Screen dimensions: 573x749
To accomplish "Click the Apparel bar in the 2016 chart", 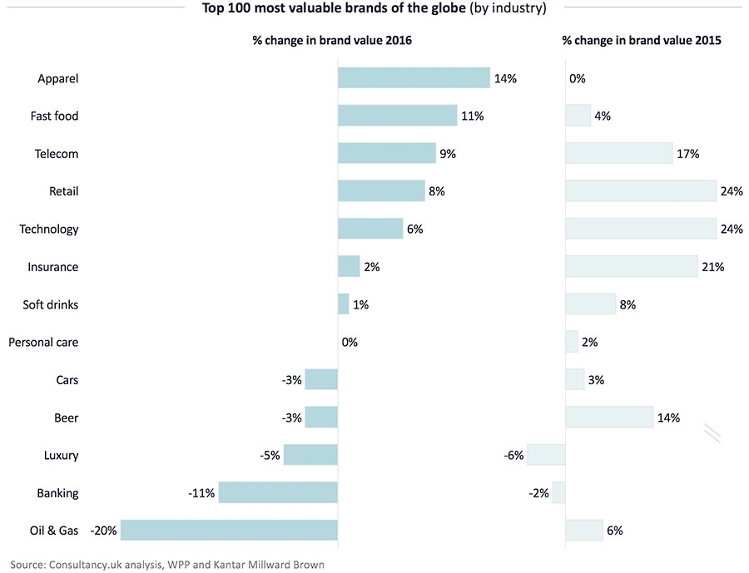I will pyautogui.click(x=414, y=78).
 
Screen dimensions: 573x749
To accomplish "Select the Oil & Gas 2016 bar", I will pyautogui.click(x=229, y=530).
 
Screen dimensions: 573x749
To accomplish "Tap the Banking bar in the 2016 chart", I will pyautogui.click(x=279, y=492).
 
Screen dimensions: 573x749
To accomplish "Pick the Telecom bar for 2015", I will pyautogui.click(x=618, y=153).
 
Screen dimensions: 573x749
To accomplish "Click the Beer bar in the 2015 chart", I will pyautogui.click(x=609, y=417).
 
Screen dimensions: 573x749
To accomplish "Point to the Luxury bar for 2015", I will pyautogui.click(x=546, y=455).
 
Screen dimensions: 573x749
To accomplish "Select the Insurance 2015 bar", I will pyautogui.click(x=631, y=266).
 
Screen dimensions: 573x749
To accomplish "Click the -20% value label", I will pyautogui.click(x=104, y=531).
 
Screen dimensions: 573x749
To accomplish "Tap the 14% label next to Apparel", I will pyautogui.click(x=505, y=79).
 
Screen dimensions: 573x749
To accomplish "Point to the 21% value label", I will pyautogui.click(x=712, y=267).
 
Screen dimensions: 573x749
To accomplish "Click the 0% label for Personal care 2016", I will pyautogui.click(x=350, y=342).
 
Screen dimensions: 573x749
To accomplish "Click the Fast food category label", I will pyautogui.click(x=54, y=116).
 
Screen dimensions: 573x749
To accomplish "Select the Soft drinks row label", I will pyautogui.click(x=50, y=304).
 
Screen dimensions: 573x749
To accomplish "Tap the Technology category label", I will pyautogui.click(x=48, y=229).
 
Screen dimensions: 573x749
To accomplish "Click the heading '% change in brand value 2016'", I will pyautogui.click(x=332, y=40).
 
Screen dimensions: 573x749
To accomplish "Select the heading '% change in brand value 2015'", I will pyautogui.click(x=642, y=40).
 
